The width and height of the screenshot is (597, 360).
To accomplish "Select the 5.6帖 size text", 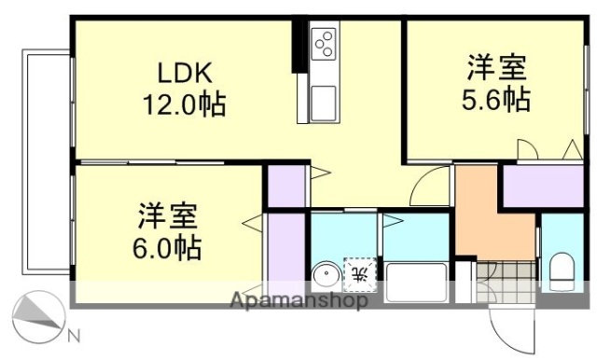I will pos(496,100).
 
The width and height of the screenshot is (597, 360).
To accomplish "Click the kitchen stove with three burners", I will pos(325,43).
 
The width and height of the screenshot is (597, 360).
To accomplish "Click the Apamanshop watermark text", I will pos(298,300).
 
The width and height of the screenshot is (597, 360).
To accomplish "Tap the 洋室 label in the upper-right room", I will pos(496,68).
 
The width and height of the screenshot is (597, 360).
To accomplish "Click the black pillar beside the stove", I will pos(300,47).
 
